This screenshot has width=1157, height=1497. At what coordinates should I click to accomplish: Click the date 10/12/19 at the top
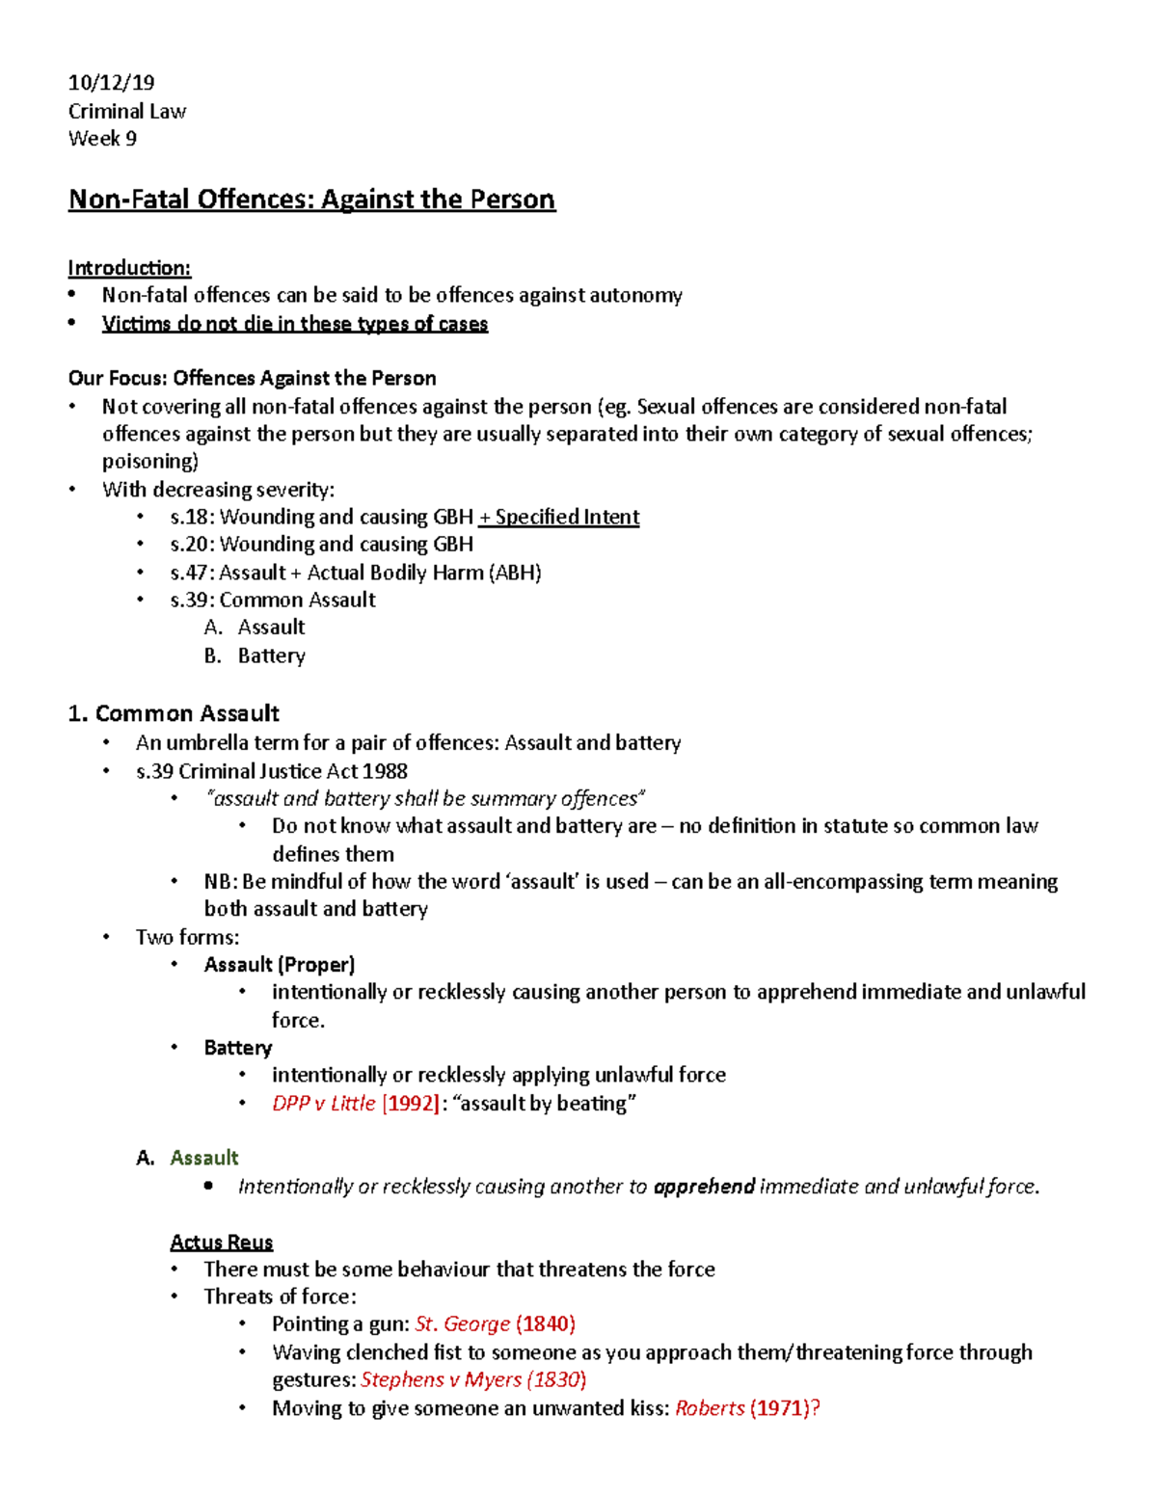111,83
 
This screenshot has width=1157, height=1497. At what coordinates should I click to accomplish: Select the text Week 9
102,139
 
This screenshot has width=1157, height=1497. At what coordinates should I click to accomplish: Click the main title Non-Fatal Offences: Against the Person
311,200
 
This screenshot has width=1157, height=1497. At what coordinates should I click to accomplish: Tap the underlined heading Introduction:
129,268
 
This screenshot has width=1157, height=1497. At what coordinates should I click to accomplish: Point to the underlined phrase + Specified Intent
559,518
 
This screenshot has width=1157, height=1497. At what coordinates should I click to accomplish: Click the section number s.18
189,518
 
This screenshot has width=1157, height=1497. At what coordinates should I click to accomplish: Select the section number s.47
189,574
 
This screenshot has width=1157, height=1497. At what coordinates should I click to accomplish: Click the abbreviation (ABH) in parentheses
515,574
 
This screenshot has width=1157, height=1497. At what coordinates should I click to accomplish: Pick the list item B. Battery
256,656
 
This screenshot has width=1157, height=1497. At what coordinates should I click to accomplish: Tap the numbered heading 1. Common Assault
174,714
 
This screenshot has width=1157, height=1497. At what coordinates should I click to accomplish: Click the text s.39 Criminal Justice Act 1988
272,772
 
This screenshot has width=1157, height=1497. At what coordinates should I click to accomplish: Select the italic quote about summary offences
424,799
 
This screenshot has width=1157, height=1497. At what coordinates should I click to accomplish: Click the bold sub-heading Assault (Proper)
280,965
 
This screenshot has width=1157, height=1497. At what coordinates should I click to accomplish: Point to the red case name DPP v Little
323,1104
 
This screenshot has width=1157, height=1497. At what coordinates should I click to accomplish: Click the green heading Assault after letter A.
204,1159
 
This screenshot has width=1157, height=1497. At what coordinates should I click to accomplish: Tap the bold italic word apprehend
704,1187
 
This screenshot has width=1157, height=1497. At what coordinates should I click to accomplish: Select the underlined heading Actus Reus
222,1243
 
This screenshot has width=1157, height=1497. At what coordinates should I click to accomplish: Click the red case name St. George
462,1324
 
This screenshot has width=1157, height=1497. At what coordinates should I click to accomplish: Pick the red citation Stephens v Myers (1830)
473,1380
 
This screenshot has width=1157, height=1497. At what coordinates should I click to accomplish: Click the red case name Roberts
710,1408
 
